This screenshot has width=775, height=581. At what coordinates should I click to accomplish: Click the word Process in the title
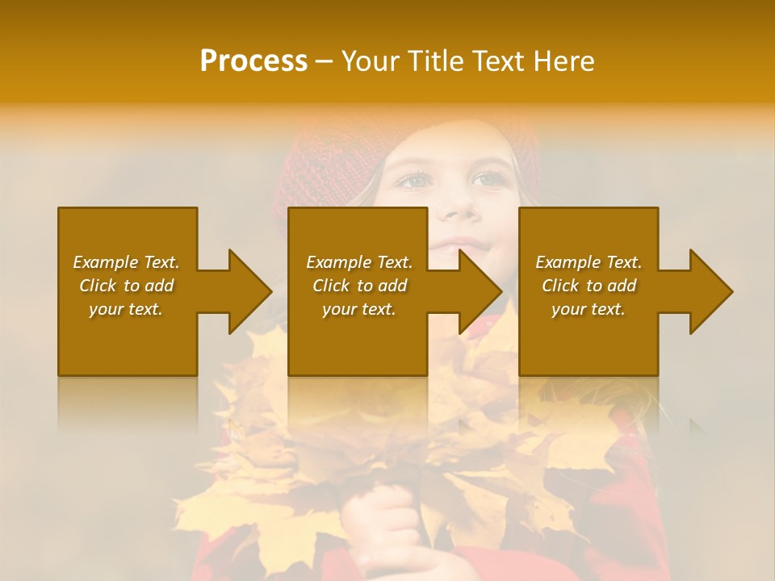(253, 61)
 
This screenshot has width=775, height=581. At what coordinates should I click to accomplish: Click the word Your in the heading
(371, 61)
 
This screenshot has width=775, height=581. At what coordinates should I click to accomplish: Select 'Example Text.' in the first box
(126, 262)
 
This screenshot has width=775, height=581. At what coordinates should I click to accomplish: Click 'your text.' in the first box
(126, 309)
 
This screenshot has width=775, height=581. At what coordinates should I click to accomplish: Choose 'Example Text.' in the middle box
(359, 262)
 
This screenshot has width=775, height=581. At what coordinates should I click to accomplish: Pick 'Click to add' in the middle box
(359, 286)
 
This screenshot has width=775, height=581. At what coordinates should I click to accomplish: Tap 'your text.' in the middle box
(359, 309)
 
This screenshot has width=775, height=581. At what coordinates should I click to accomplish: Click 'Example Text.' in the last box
(589, 262)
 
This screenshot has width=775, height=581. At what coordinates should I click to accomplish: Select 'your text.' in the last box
(589, 309)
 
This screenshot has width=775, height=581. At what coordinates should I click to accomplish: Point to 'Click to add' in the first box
(126, 286)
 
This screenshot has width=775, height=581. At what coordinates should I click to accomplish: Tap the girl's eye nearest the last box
(487, 179)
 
